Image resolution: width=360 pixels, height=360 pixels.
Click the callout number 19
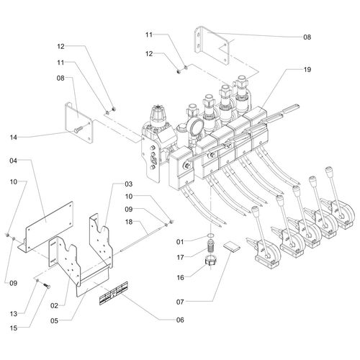coord(307,70)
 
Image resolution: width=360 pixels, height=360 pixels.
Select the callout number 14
coord(14,138)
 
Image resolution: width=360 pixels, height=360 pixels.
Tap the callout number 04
coord(14,161)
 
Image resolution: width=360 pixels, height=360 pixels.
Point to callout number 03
coord(129,184)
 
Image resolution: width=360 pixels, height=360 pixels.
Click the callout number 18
coord(129,222)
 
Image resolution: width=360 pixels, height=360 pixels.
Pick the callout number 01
coord(180,242)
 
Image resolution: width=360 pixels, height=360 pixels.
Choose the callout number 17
coord(180,258)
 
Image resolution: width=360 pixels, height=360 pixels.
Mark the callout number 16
coord(180,278)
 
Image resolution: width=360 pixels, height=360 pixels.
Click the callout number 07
coord(180,302)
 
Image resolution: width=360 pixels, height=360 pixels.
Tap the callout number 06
coord(180,320)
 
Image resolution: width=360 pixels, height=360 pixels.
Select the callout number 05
coord(55,320)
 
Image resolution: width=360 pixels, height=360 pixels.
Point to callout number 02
coord(55,306)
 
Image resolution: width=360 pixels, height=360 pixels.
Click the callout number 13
coord(14,314)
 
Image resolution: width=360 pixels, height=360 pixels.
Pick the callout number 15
coord(14,328)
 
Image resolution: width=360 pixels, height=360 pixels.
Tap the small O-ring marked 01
coord(210,235)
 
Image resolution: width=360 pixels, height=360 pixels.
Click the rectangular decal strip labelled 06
coord(114,293)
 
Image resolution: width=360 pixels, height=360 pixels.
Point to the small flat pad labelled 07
coord(232,247)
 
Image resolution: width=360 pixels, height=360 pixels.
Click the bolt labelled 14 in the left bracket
coord(78,129)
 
